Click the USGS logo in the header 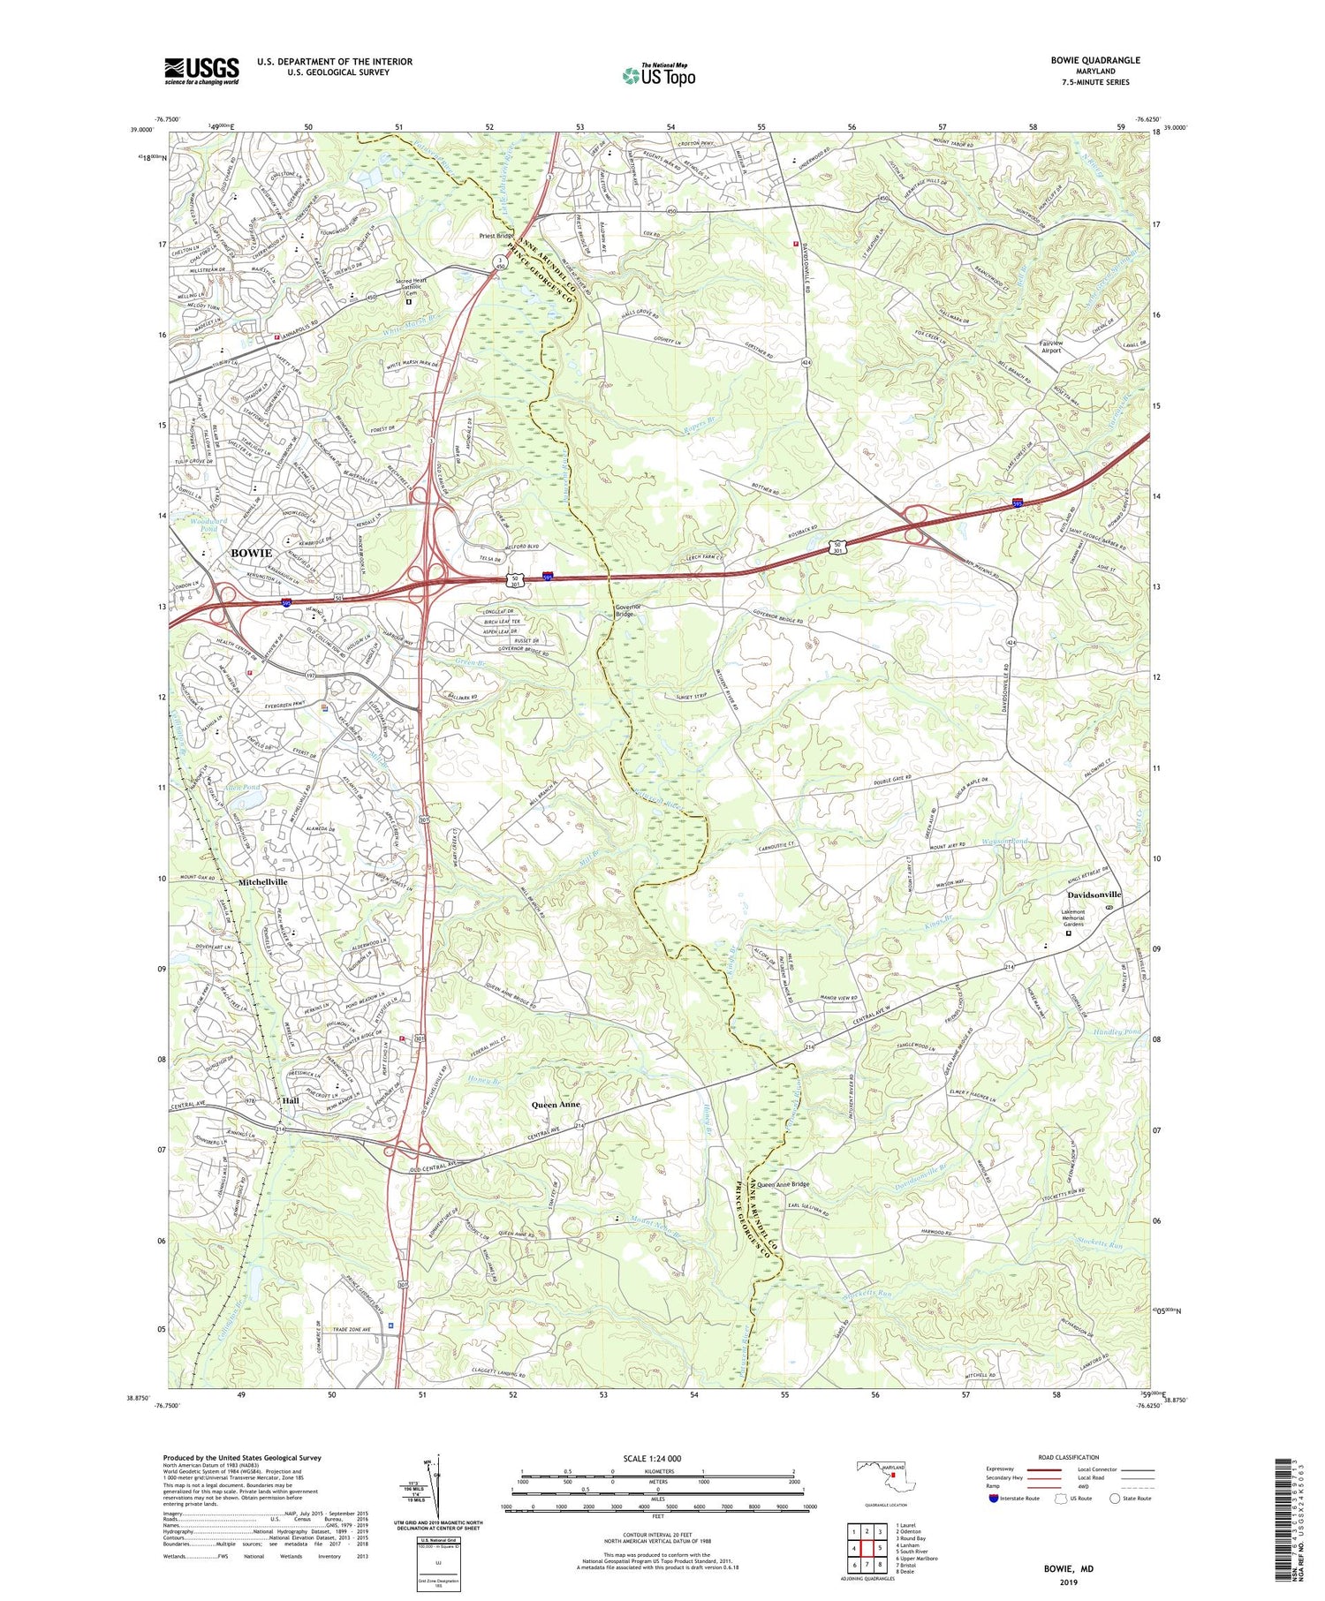click(x=201, y=71)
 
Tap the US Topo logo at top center click(x=659, y=76)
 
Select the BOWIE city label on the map click(x=252, y=553)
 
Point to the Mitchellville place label click(x=262, y=882)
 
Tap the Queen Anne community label click(x=556, y=1105)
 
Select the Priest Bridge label click(x=496, y=237)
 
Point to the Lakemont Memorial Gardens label click(x=1066, y=919)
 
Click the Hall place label click(x=290, y=1101)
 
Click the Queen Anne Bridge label click(x=782, y=1184)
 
